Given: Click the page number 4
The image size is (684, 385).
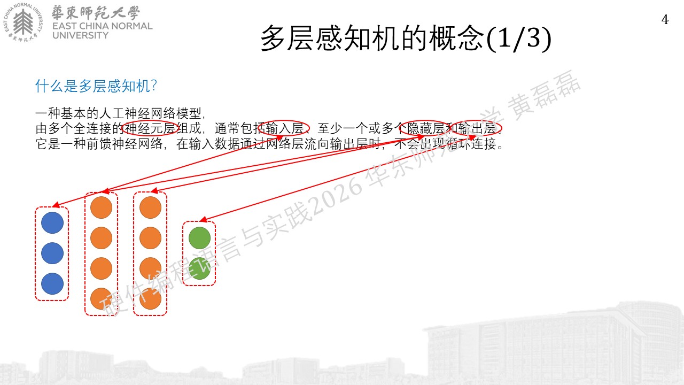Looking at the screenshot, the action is coord(665,20).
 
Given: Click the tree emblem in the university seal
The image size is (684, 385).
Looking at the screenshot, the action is coord(23,21).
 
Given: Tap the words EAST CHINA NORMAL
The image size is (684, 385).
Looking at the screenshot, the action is coord(102,26).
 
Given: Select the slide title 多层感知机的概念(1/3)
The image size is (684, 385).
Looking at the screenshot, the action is coord(406,38).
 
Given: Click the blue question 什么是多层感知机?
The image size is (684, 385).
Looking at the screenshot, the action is coord(96,86).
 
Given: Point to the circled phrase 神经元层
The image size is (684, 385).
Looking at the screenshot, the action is coord(150,128).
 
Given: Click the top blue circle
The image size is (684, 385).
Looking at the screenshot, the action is coord(52,223).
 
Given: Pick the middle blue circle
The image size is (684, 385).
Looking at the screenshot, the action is coord(52,253).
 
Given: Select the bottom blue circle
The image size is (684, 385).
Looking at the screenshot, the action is coord(52,284).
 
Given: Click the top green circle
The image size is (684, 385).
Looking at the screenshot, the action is coord(199,238).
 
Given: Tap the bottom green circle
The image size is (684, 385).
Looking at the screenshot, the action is coord(199,268).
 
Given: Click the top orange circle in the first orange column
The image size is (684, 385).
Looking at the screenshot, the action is coord(101,207).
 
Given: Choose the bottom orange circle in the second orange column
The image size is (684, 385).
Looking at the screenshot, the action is coord(150,299).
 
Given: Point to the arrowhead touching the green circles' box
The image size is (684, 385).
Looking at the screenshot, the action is coord(203,219).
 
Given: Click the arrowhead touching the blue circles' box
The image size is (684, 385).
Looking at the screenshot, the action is coord(56,205).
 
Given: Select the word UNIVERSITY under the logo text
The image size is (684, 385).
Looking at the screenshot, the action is coord(80,35).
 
